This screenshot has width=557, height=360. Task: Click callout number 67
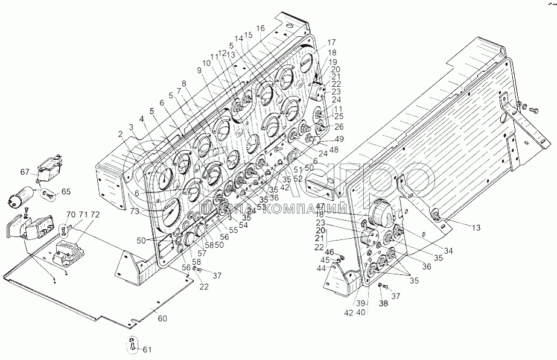pos(24,172)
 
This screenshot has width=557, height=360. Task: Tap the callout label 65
pos(66,191)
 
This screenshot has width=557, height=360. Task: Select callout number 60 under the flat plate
pos(162,318)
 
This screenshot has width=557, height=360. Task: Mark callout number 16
pos(260,28)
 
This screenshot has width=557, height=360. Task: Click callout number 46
pos(329,252)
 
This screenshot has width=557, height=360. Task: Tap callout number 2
pos(121,134)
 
